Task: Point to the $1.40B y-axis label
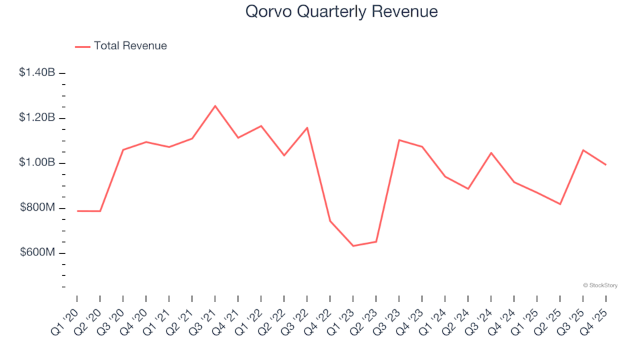[37, 73]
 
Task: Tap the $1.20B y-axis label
[37, 118]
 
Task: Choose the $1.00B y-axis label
[37, 163]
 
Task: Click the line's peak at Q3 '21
[215, 105]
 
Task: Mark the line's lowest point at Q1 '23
[353, 246]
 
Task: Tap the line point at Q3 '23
[399, 140]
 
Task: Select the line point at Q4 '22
[330, 221]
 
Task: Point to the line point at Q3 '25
[583, 150]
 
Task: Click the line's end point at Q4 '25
[605, 165]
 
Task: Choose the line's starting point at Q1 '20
[77, 211]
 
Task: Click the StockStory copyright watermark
[600, 285]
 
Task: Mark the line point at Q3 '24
[491, 153]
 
